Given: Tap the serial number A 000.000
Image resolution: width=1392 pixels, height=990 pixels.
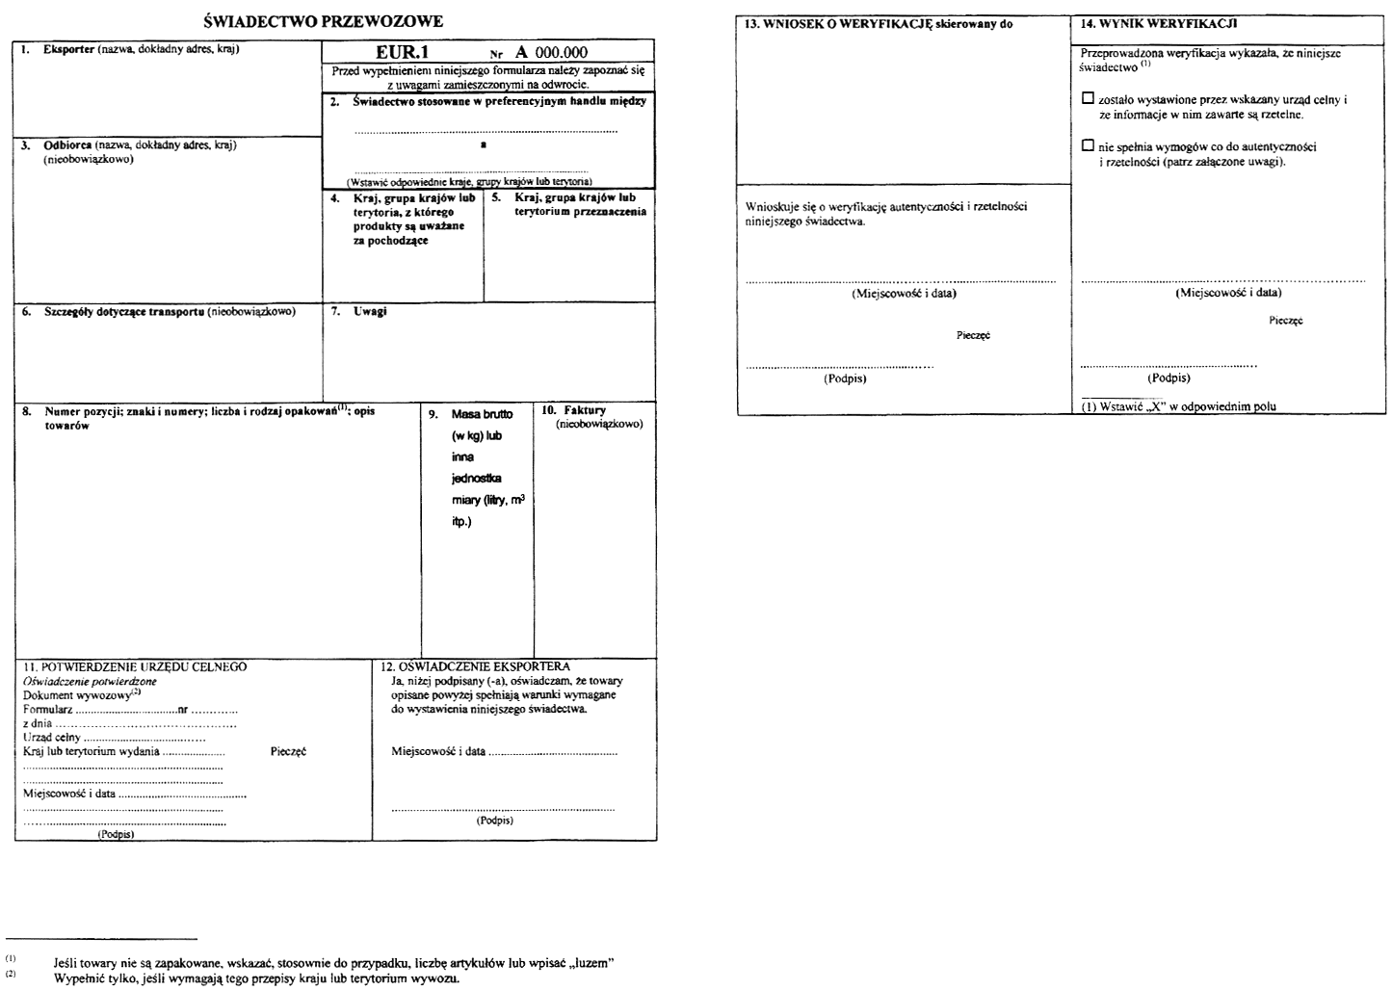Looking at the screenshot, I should pyautogui.click(x=551, y=53).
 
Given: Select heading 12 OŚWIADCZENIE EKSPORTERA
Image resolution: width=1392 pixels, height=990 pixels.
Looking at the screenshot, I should pyautogui.click(x=476, y=666).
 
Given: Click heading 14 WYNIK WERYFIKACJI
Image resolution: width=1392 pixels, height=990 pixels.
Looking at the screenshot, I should pyautogui.click(x=1159, y=22).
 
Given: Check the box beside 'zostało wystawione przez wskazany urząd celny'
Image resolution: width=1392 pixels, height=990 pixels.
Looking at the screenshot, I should pyautogui.click(x=1089, y=98).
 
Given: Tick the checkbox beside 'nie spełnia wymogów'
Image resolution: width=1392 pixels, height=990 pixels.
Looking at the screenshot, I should pyautogui.click(x=1089, y=145).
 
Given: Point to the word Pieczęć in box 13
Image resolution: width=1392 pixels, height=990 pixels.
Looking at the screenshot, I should pyautogui.click(x=973, y=335).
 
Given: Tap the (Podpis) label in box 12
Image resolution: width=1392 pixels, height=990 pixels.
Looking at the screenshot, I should pyautogui.click(x=494, y=821).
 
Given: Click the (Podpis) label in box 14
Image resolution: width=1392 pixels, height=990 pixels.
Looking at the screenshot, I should pyautogui.click(x=1169, y=378).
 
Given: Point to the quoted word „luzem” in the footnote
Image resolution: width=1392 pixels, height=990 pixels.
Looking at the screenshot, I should pyautogui.click(x=589, y=963).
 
